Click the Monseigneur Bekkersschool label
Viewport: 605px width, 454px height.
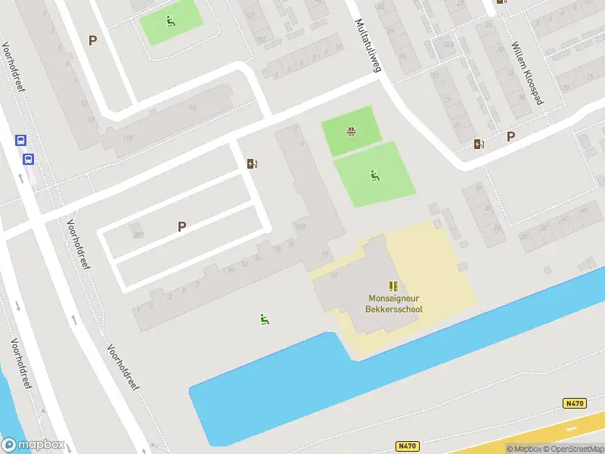395,303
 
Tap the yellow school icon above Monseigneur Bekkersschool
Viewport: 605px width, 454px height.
393,285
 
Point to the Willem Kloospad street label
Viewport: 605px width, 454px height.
527,73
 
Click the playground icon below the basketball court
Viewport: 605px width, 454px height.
374,176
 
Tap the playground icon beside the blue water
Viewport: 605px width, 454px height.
264,319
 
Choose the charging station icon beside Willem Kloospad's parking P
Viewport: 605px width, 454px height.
479,144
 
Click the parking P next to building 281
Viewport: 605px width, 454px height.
181,226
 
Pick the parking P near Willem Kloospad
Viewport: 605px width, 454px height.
510,137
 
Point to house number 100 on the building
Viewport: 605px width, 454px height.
301,227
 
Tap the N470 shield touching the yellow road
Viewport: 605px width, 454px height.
575,403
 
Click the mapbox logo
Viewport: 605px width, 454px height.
33,444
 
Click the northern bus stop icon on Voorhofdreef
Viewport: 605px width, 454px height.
20,140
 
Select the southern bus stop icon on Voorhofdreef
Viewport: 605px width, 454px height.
28,159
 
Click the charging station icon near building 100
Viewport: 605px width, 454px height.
252,163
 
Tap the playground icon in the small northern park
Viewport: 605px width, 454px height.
171,22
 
